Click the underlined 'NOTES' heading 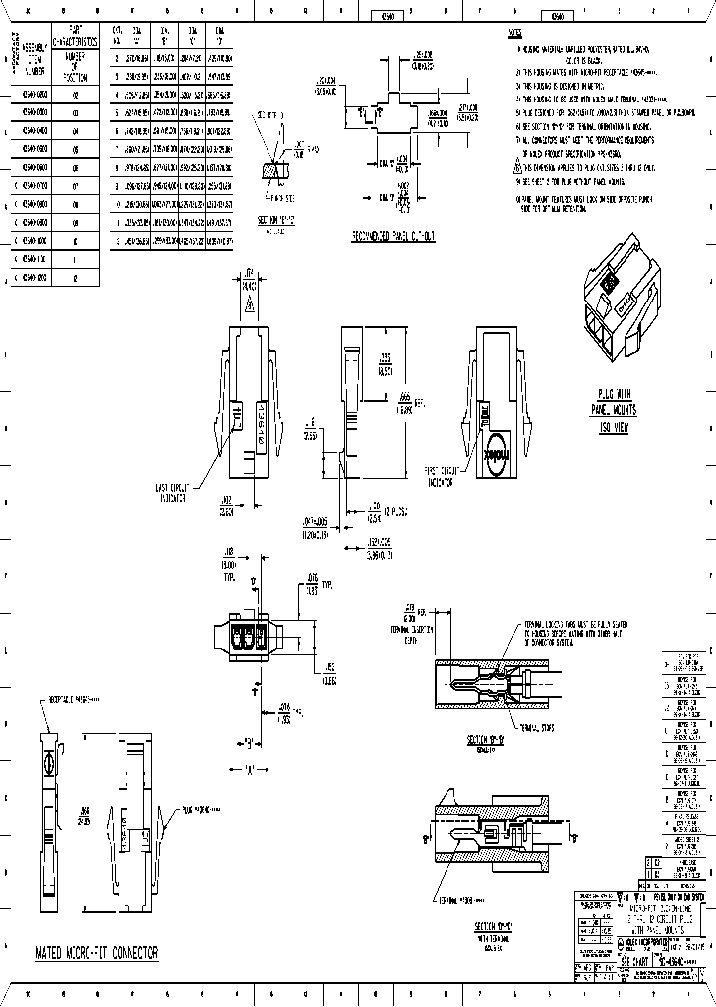(x=514, y=33)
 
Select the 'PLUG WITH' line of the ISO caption (x=617, y=395)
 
